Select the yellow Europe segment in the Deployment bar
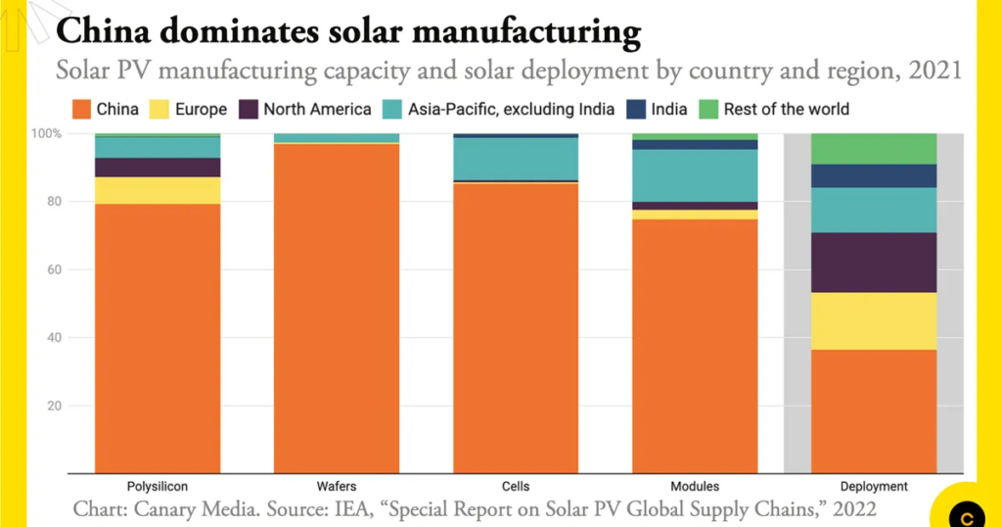(x=874, y=320)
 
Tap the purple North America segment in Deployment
(x=874, y=263)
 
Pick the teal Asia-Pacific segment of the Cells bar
(x=516, y=159)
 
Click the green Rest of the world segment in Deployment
(x=874, y=149)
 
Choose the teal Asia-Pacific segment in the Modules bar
(x=695, y=175)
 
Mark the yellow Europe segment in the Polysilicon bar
(x=158, y=190)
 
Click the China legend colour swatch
(x=80, y=110)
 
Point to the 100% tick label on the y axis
(x=48, y=133)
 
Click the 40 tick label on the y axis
(x=53, y=338)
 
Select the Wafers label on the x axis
(x=337, y=486)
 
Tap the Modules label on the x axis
(x=695, y=486)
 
